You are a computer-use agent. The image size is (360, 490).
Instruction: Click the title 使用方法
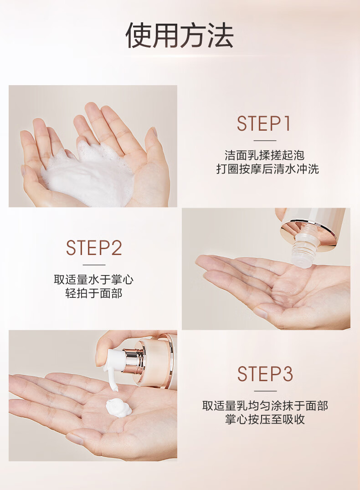[180, 36]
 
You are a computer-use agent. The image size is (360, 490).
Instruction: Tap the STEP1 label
[264, 123]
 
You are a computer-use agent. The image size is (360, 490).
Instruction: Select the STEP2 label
[94, 248]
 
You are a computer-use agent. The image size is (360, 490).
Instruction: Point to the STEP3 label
[265, 374]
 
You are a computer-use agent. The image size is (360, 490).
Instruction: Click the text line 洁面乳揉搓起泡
[265, 155]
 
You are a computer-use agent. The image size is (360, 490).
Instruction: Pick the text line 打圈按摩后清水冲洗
[267, 169]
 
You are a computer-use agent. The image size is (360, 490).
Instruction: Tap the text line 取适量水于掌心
[93, 279]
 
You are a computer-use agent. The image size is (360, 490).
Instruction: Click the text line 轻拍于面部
[93, 293]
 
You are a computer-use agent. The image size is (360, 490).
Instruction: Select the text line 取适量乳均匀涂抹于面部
[265, 406]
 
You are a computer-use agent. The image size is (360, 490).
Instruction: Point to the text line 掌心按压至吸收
[265, 419]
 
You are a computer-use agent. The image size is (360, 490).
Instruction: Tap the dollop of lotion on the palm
[118, 408]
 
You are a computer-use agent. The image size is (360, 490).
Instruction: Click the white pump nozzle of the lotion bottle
[113, 365]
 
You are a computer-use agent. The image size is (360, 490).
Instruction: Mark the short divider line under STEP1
[265, 140]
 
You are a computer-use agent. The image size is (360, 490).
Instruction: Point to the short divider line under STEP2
[94, 265]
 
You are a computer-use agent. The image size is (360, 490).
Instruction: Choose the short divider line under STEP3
[265, 391]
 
